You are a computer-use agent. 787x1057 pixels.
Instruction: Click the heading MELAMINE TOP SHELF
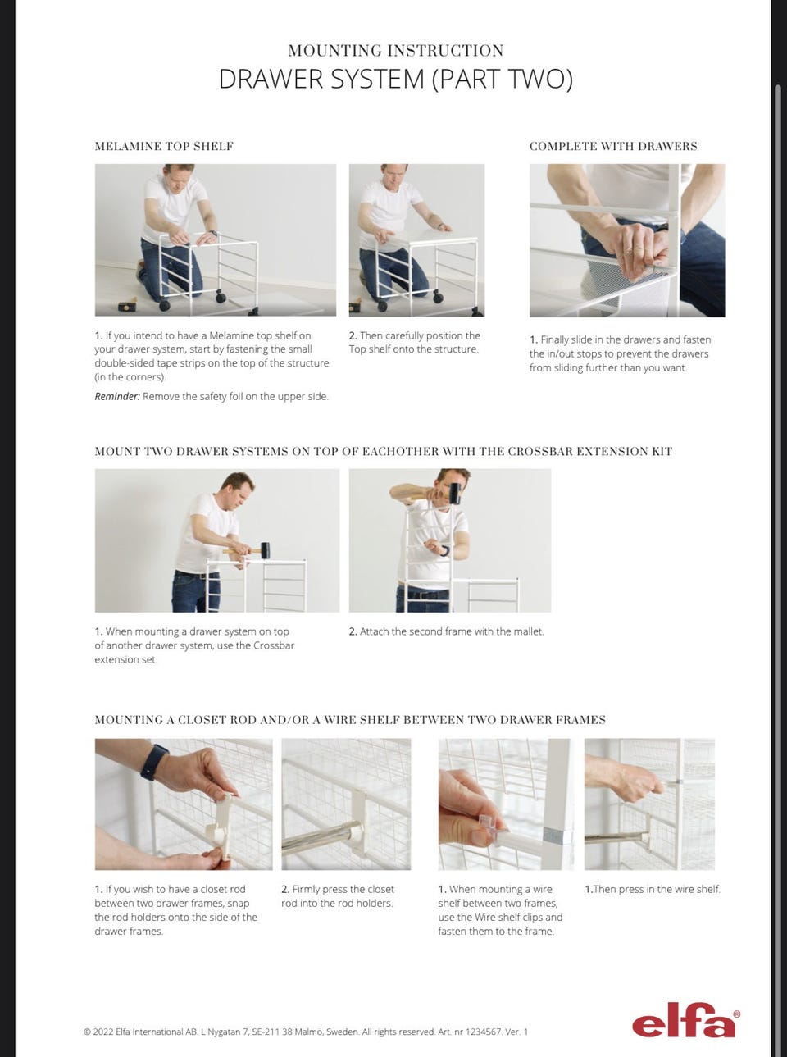[164, 146]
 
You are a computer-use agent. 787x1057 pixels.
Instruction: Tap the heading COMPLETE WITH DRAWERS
[613, 146]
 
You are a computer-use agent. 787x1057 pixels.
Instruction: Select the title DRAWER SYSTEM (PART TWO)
[396, 79]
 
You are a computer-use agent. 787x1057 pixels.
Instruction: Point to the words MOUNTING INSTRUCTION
[396, 51]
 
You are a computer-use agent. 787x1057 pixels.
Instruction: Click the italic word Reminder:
[117, 397]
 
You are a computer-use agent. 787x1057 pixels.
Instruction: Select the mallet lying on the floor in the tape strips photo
[127, 305]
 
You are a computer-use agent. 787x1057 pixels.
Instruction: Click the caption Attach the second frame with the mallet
[447, 631]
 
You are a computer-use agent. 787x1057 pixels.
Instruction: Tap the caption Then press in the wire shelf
[653, 889]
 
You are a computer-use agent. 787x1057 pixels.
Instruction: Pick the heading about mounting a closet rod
[350, 720]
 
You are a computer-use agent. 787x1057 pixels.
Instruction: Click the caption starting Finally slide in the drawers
[620, 353]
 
